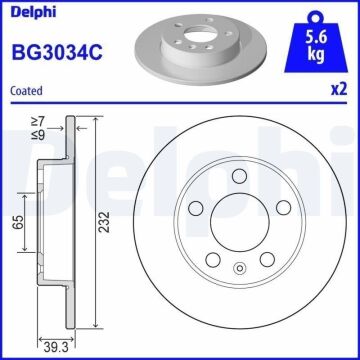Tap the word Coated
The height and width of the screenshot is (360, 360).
coord(26,90)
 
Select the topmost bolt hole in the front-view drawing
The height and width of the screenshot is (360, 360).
coord(235,177)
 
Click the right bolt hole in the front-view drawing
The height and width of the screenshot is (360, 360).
coord(281,207)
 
